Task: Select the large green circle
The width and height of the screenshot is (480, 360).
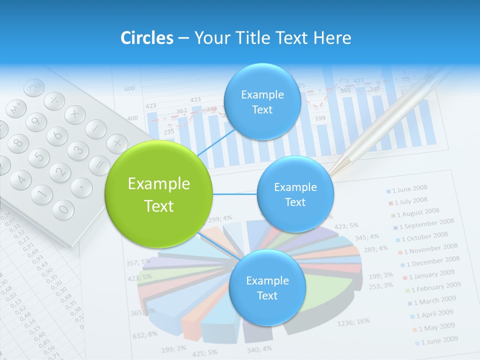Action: click(159, 194)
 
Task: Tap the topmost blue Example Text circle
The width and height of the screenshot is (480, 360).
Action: click(262, 101)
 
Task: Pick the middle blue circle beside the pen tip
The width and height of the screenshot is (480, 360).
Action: click(295, 194)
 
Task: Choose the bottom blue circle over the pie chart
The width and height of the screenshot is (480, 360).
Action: click(267, 287)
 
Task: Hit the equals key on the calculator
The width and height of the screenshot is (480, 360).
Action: click(100, 165)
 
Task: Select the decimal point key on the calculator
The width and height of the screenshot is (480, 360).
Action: click(81, 187)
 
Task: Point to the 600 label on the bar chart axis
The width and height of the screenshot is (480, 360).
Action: click(129, 88)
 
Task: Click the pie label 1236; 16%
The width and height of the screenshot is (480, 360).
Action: click(353, 322)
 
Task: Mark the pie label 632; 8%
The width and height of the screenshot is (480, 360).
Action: click(145, 334)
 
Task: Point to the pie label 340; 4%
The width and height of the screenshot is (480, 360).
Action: click(259, 348)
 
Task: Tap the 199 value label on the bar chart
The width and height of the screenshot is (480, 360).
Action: click(320, 118)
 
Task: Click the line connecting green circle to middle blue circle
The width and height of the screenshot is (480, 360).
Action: click(235, 194)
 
